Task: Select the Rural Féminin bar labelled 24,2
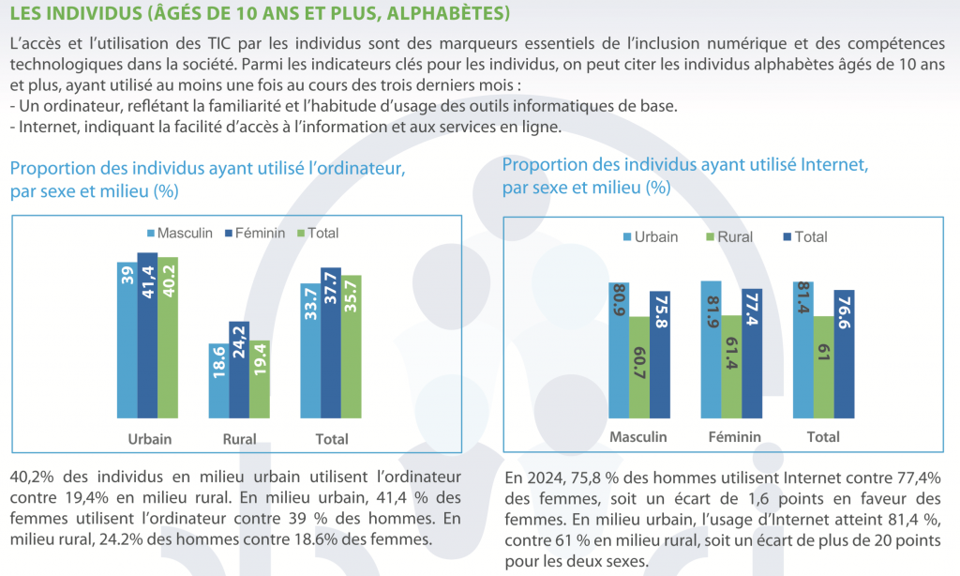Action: tap(238, 370)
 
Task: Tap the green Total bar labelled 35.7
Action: tap(351, 346)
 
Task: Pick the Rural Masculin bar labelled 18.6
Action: tap(217, 381)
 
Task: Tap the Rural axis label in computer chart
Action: tap(239, 439)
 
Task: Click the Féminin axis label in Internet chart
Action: tap(733, 437)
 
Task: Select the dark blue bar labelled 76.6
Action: tap(844, 354)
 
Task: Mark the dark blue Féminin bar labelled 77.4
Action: tap(753, 354)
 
